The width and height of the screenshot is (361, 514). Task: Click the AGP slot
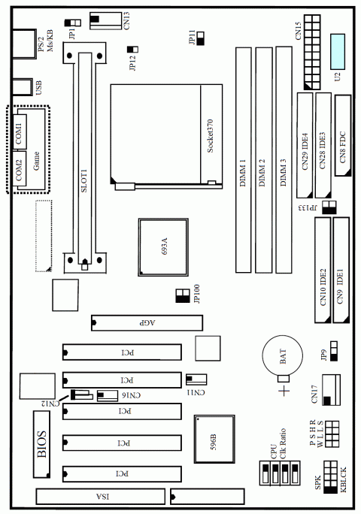pos(146,323)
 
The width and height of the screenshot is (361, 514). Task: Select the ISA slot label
pos(107,496)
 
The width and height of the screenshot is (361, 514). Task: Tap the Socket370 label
pos(211,135)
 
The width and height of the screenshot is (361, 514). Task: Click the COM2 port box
pos(19,171)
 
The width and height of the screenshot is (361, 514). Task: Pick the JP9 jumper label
pos(322,352)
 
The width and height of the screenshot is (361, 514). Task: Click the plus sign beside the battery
pos(284,392)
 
